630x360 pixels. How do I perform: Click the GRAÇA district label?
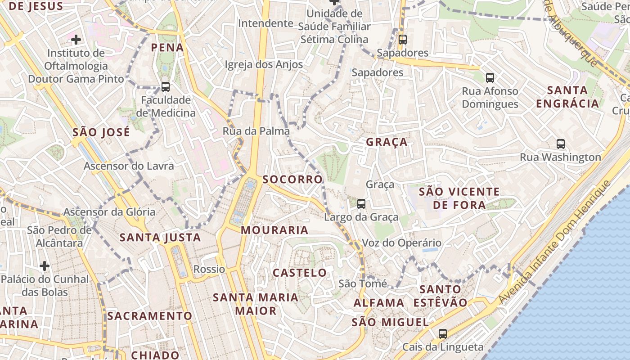pyautogui.click(x=387, y=142)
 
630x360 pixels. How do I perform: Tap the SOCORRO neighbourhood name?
pyautogui.click(x=292, y=180)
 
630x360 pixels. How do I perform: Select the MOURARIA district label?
pyautogui.click(x=274, y=230)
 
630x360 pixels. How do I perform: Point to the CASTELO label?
pyautogui.click(x=300, y=273)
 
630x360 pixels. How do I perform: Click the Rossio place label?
pyautogui.click(x=209, y=269)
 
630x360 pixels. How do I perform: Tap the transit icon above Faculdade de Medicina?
pyautogui.click(x=166, y=87)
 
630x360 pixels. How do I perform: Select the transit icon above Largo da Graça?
pyautogui.click(x=361, y=204)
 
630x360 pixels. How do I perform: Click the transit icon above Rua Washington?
pyautogui.click(x=560, y=144)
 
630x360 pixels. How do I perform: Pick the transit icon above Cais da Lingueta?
pyautogui.click(x=443, y=334)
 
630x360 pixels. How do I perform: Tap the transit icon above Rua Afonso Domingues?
pyautogui.click(x=490, y=78)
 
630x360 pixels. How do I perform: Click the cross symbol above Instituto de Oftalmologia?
pyautogui.click(x=76, y=40)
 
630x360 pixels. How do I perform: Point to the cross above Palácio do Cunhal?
pyautogui.click(x=44, y=266)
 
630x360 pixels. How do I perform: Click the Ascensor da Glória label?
pyautogui.click(x=109, y=212)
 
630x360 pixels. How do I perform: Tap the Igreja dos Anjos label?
pyautogui.click(x=264, y=64)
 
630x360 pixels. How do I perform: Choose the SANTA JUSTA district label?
pyautogui.click(x=160, y=237)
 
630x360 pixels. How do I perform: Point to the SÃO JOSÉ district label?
pyautogui.click(x=101, y=132)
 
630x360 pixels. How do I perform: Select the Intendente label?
pyautogui.click(x=265, y=23)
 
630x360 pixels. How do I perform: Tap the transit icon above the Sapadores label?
pyautogui.click(x=402, y=40)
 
